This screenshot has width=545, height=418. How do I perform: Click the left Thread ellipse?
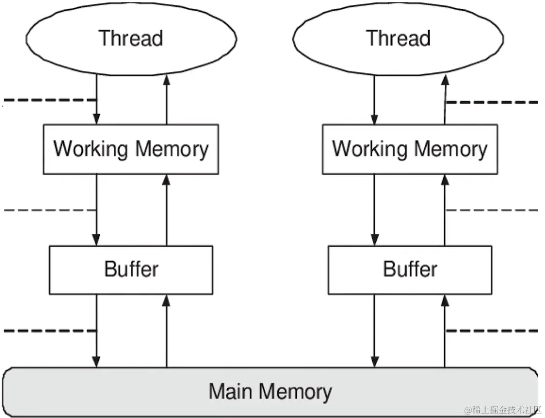pyautogui.click(x=131, y=39)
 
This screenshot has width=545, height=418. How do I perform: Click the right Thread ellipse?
pyautogui.click(x=399, y=39)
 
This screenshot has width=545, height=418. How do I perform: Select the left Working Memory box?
pyautogui.click(x=131, y=149)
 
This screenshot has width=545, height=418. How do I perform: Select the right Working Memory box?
pyautogui.click(x=410, y=149)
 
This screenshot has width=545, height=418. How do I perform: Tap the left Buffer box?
pyautogui.click(x=131, y=270)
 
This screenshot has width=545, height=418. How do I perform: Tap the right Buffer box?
pyautogui.click(x=410, y=270)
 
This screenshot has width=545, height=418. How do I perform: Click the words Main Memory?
pyautogui.click(x=271, y=391)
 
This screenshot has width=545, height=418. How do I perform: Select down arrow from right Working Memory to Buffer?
pyautogui.click(x=374, y=209)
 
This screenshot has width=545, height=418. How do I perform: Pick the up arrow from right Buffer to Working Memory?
pyautogui.click(x=444, y=209)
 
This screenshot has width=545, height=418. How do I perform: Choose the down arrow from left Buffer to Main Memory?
pyautogui.click(x=96, y=331)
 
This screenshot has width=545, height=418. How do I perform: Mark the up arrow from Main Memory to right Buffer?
pyautogui.click(x=444, y=331)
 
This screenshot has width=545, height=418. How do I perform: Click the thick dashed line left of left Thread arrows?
pyautogui.click(x=49, y=101)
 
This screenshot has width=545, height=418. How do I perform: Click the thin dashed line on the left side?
pyautogui.click(x=49, y=210)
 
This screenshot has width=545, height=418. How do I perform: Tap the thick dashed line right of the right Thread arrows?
pyautogui.click(x=491, y=103)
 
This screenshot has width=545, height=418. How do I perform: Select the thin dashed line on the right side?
pyautogui.click(x=491, y=210)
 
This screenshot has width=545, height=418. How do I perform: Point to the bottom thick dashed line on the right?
pyautogui.click(x=491, y=331)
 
